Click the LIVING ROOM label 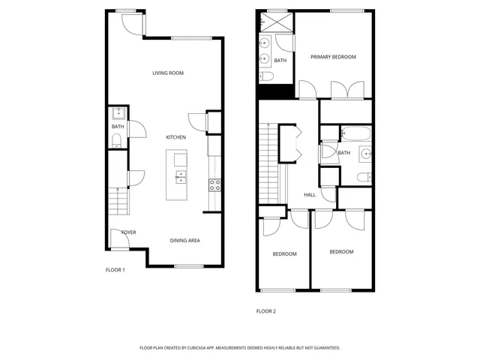[168, 73]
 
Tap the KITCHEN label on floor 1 [175, 137]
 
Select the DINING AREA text [184, 241]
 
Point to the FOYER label [128, 232]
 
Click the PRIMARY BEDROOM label [333, 57]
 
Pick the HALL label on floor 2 [310, 195]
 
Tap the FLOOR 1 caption [115, 269]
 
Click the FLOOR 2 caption [266, 310]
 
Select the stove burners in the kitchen [214, 184]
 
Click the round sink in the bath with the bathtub [367, 154]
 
